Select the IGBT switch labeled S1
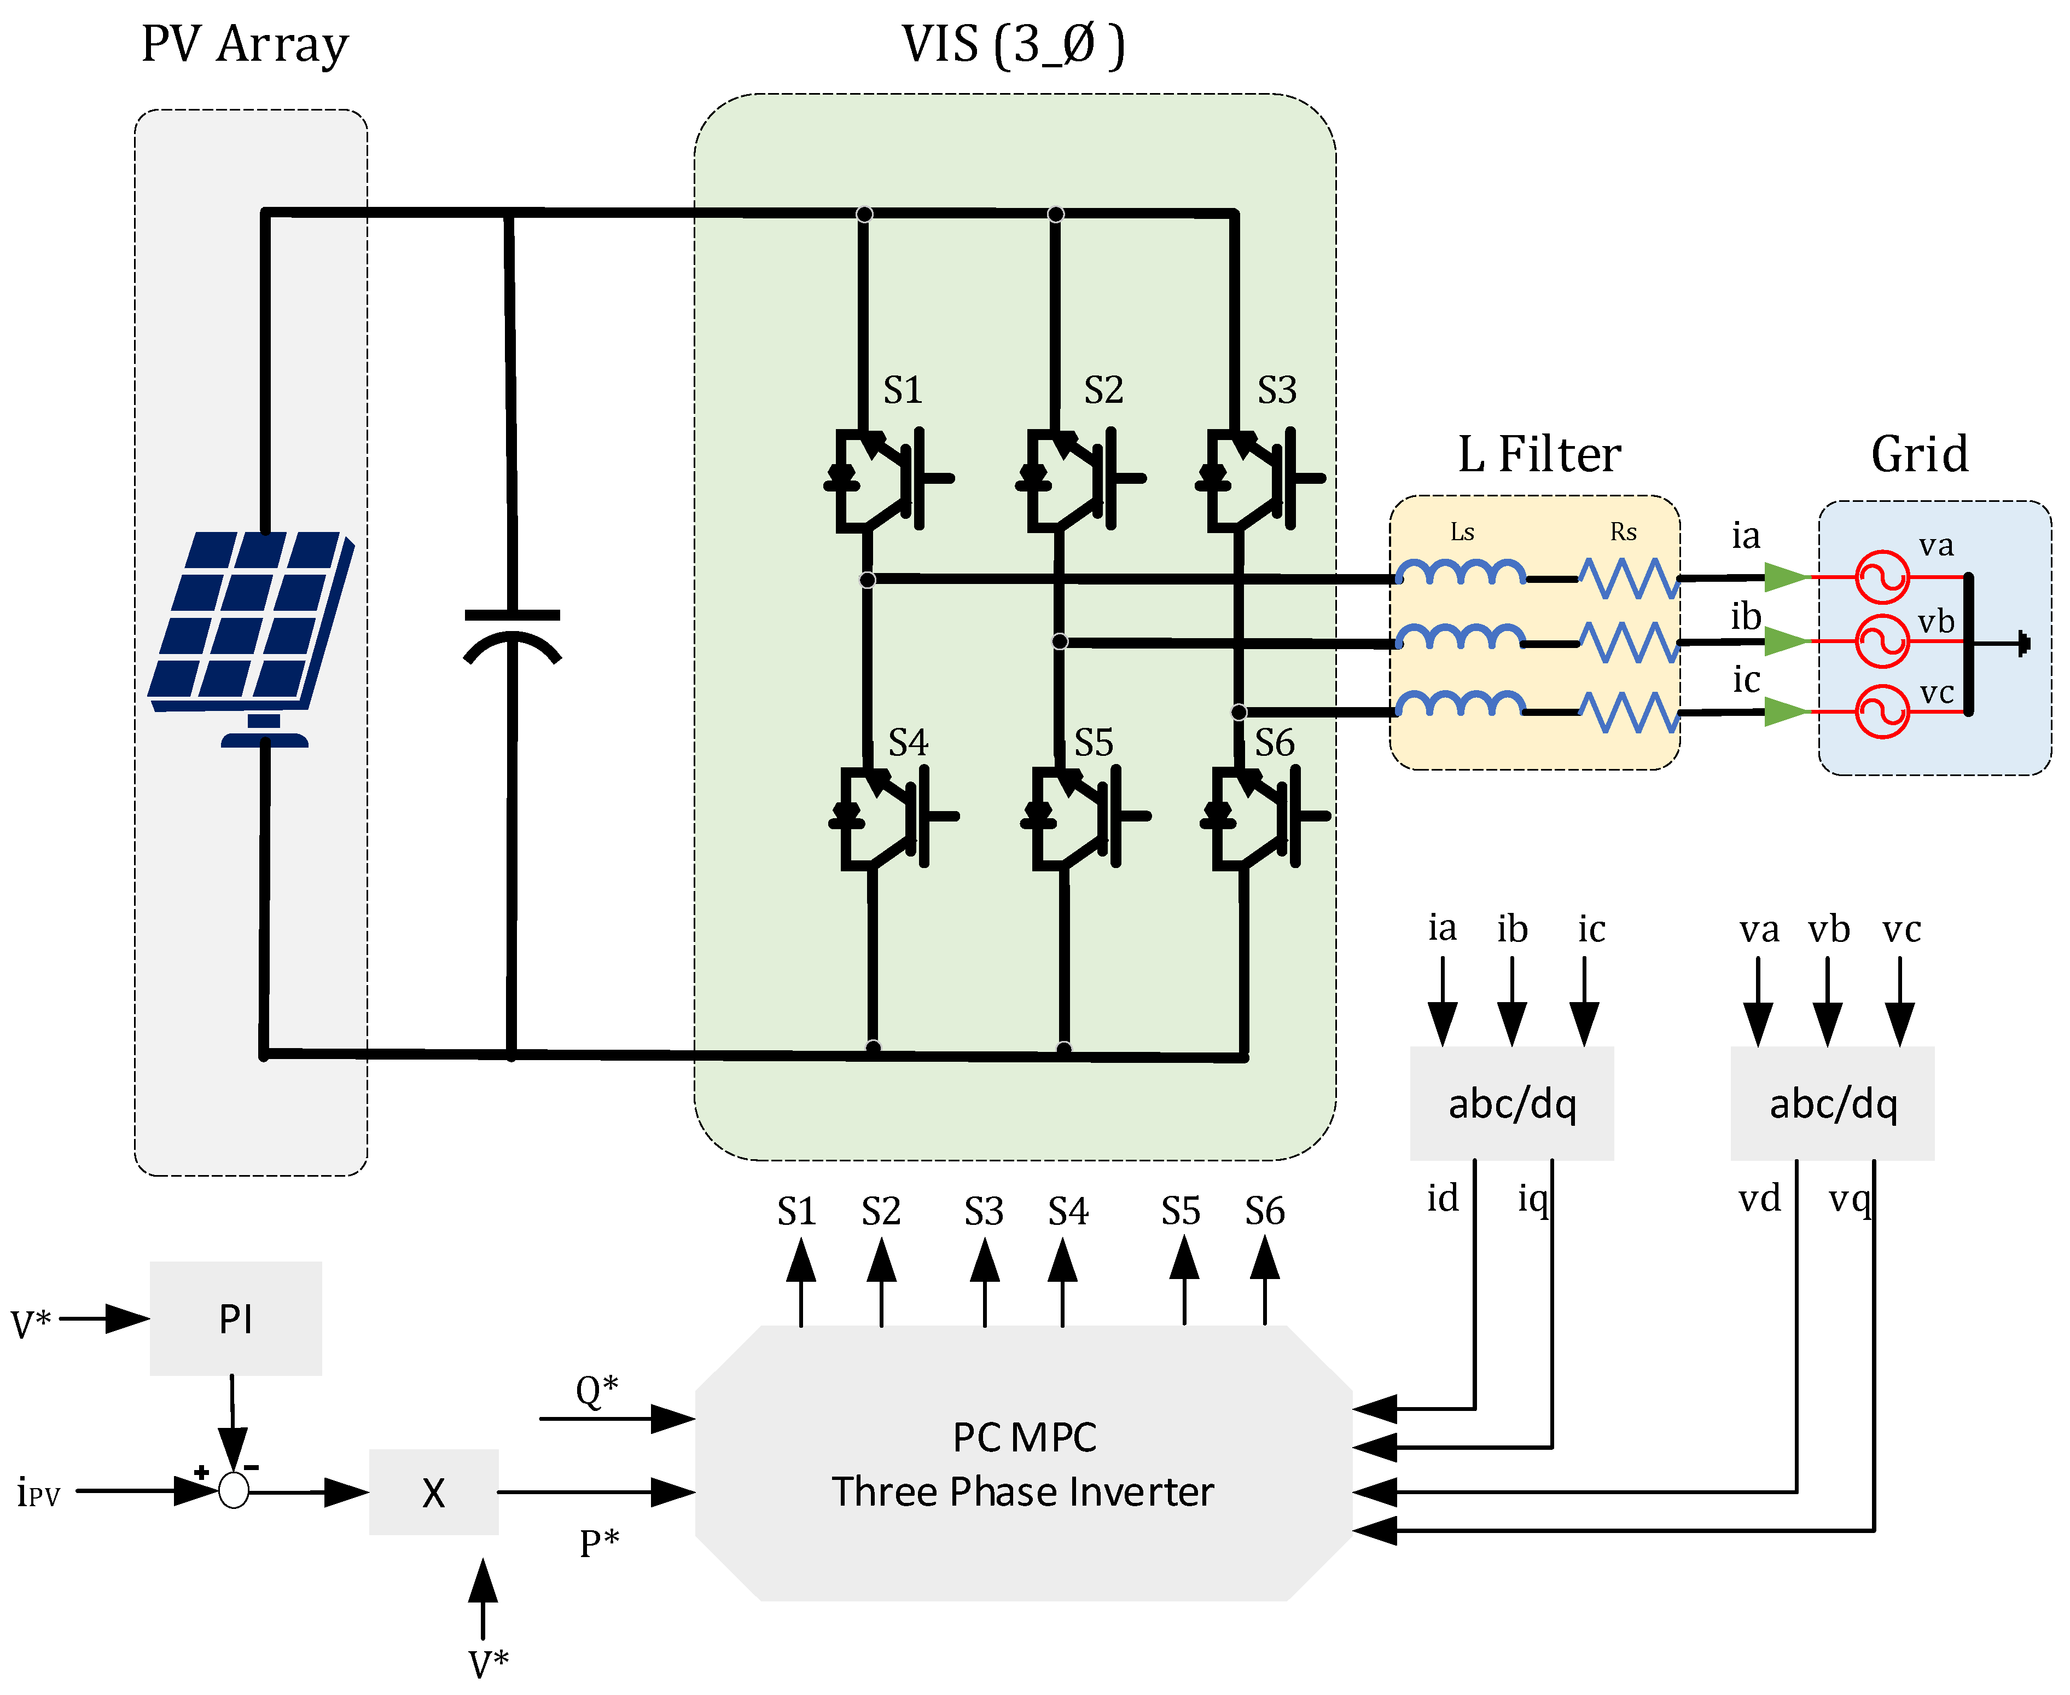[884, 478]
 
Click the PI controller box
[235, 1318]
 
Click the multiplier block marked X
[433, 1492]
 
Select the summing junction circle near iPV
[233, 1490]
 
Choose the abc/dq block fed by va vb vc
[1832, 1103]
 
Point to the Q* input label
[596, 1389]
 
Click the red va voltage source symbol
[1881, 577]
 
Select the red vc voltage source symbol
[1881, 712]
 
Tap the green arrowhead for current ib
[1786, 641]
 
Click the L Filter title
[1539, 455]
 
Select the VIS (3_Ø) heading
[1013, 45]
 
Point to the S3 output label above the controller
[983, 1212]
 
